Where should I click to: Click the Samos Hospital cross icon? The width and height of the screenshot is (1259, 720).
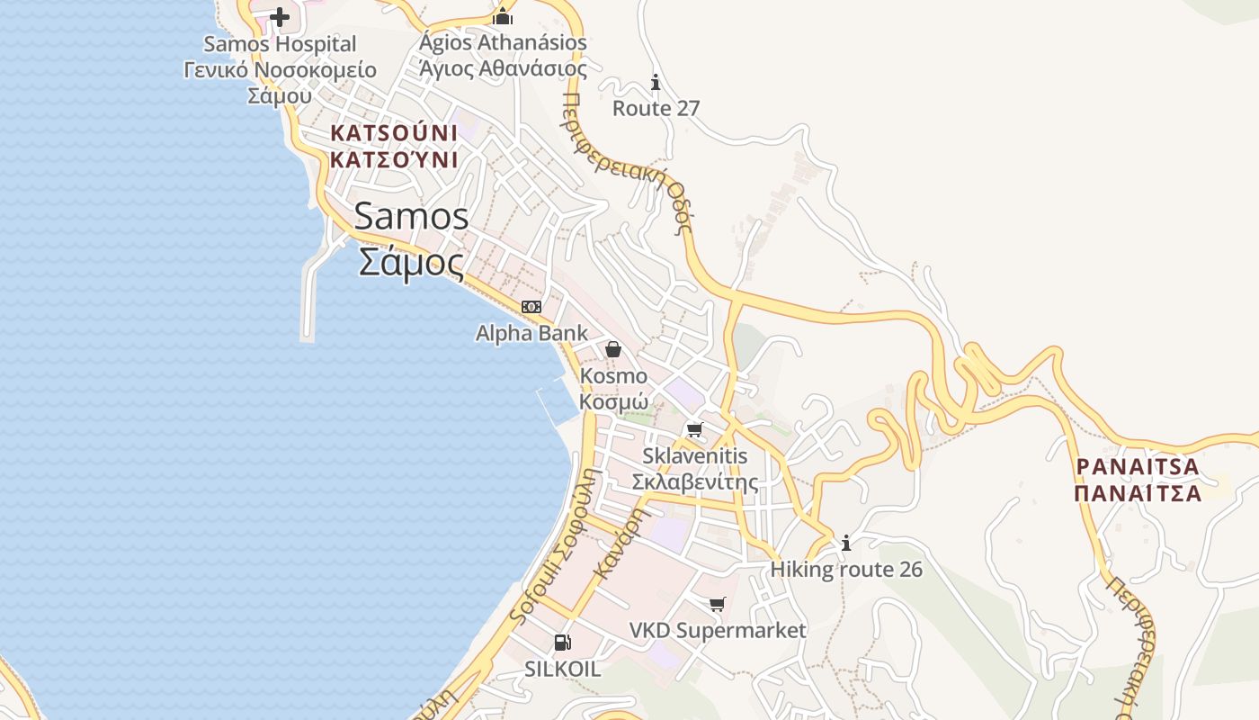(280, 16)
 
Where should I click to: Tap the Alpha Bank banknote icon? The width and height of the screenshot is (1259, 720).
(531, 306)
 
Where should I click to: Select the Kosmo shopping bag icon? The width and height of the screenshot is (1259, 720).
(613, 348)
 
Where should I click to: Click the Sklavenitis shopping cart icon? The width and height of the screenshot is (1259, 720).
(694, 429)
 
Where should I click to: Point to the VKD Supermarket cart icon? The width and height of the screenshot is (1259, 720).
(717, 603)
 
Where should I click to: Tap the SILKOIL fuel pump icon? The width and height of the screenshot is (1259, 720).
(562, 642)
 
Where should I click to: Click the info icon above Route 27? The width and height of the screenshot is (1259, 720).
(656, 82)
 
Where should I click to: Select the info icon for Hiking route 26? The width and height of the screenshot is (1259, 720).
(846, 543)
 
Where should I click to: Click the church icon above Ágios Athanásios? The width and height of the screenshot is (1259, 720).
(503, 16)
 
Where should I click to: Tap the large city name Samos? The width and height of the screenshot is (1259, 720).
(412, 217)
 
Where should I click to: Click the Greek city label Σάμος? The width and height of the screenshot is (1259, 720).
(412, 263)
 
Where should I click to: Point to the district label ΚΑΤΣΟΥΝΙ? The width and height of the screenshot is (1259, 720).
(394, 133)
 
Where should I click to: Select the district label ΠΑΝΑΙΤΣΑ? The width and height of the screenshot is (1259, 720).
(1138, 467)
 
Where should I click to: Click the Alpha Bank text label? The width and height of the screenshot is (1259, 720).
(531, 333)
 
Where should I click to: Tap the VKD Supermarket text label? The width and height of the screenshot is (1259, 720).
(718, 630)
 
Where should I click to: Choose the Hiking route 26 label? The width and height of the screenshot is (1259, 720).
(846, 570)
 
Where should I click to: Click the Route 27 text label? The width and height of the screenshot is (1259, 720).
(656, 108)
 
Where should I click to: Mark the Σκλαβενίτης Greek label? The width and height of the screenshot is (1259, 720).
(695, 482)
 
